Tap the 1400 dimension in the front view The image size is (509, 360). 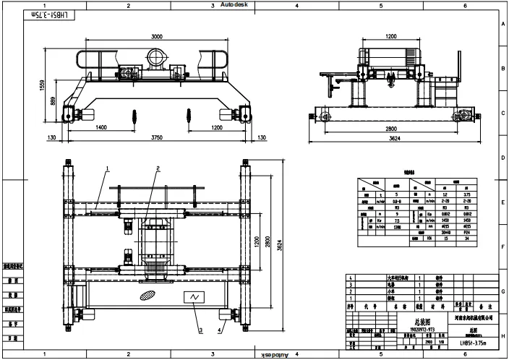pos(100,127)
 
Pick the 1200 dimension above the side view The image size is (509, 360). pos(392,35)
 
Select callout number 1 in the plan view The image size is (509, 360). pos(107,168)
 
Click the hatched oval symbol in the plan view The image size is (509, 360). pos(146,296)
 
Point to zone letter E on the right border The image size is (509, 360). pos(502,204)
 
